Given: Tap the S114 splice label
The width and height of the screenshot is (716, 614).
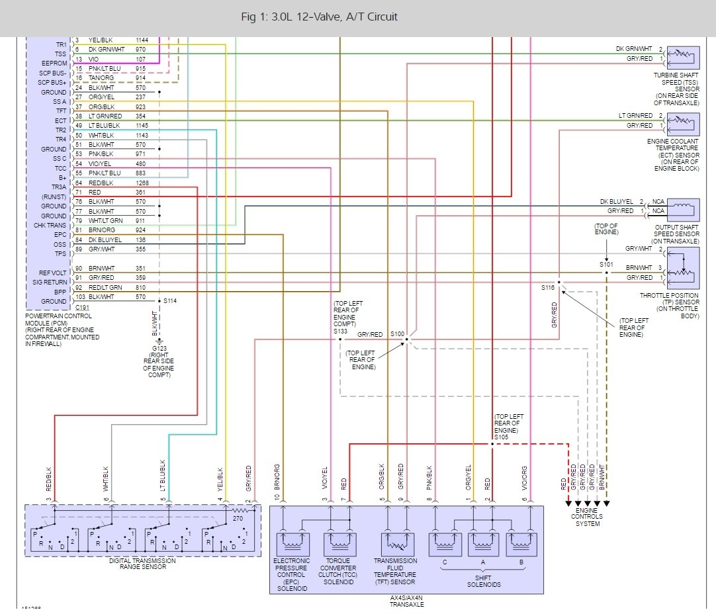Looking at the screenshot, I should (171, 301).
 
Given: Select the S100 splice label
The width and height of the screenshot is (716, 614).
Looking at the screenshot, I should (396, 334).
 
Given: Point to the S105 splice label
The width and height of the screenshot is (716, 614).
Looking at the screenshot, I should (501, 437).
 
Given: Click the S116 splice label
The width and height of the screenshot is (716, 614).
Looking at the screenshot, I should (547, 288).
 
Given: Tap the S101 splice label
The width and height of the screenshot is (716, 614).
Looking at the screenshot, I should (606, 264).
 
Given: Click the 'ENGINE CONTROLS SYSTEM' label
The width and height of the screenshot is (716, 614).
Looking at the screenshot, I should (587, 517).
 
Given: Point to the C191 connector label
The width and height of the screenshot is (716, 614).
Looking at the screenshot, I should (82, 308).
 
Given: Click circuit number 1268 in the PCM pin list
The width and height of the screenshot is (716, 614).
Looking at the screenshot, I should (143, 183).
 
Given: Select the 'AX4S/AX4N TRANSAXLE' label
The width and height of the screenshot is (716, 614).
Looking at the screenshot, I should (406, 600).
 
